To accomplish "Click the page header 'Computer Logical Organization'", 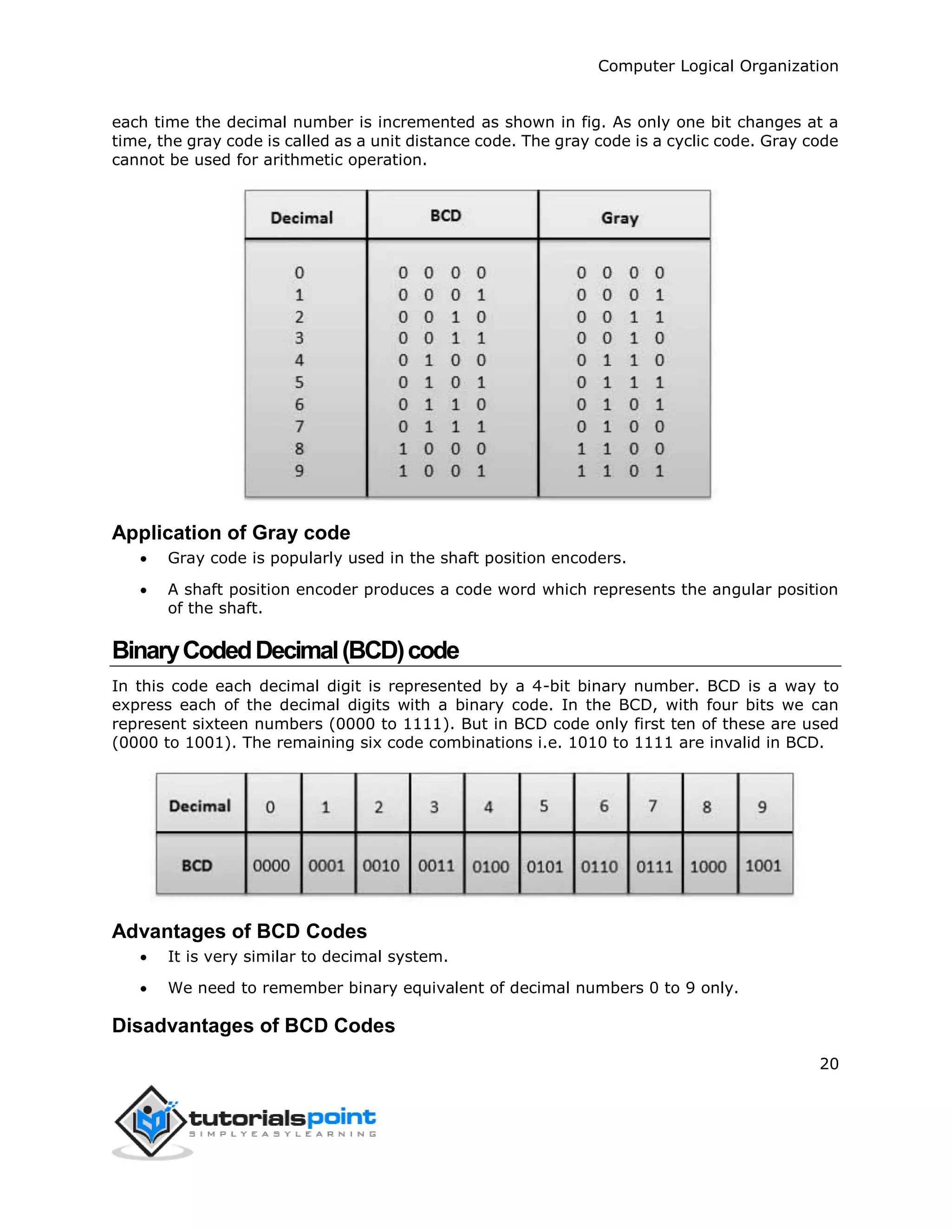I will coord(718,66).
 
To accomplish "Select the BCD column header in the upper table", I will coord(446,216).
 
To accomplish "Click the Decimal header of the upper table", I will coord(301,218).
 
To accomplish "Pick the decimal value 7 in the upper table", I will coord(299,427).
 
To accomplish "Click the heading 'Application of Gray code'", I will coord(231,533).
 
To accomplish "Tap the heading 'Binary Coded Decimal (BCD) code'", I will coord(285,650).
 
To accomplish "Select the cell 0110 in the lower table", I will coord(599,866).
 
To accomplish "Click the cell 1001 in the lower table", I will coord(763,866).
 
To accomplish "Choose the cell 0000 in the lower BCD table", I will coord(271,866).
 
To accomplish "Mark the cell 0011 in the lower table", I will coord(436,866).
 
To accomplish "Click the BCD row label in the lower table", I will coord(196,866).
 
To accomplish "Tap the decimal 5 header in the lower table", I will coord(544,807).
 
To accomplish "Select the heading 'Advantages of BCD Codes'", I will coord(240,932).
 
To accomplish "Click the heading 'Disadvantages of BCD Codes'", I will coord(254,1026).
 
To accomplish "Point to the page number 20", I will coord(829,1064).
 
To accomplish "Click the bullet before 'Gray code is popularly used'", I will coord(144,559).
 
